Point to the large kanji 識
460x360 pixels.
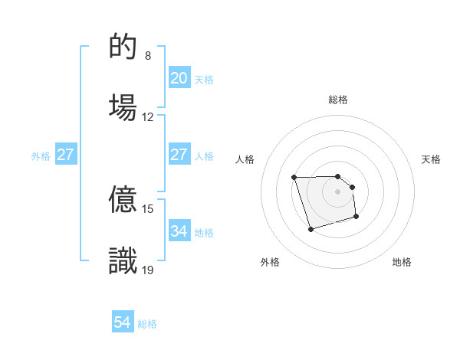[x=123, y=260]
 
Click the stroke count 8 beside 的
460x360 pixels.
[x=148, y=56]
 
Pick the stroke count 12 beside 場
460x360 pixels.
[x=148, y=117]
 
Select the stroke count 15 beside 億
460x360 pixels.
[x=148, y=208]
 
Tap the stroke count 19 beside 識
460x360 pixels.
[x=148, y=269]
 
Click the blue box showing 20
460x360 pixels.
[x=179, y=78]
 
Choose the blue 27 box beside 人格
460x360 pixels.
[x=179, y=155]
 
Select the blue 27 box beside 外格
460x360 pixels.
[x=66, y=155]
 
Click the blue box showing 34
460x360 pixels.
[x=179, y=231]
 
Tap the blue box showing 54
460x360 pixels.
[x=123, y=322]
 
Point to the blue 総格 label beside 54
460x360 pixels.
[x=147, y=324]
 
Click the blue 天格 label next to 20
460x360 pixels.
[x=203, y=80]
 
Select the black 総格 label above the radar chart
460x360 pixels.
[x=338, y=100]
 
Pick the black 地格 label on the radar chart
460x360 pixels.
[x=402, y=262]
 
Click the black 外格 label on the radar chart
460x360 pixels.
[x=270, y=262]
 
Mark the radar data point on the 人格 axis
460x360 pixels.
[x=294, y=178]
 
